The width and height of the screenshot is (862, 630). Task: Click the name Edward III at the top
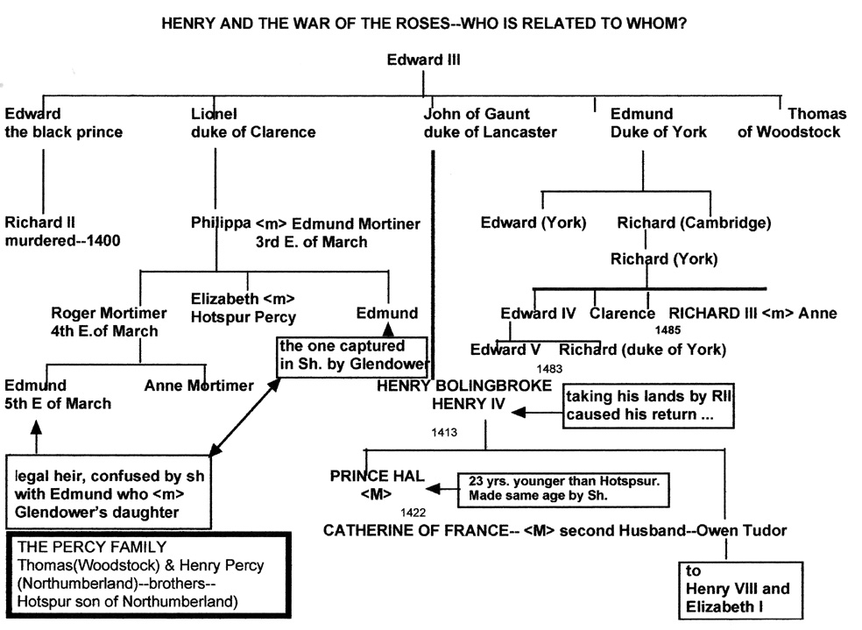(x=423, y=60)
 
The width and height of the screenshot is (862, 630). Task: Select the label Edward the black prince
(x=63, y=123)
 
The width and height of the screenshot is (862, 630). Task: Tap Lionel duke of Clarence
(x=253, y=123)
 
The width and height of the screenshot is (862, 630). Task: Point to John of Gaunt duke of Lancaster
(x=490, y=123)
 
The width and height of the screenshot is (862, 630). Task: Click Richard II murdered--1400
(x=62, y=231)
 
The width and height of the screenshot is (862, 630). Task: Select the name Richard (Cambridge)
(x=694, y=223)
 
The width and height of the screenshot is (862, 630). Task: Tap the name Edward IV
(x=538, y=314)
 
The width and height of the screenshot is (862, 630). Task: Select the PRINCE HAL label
(x=378, y=476)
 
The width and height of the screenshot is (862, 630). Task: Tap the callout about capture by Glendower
(x=352, y=355)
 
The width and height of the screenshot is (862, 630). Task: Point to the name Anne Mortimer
(x=199, y=386)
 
